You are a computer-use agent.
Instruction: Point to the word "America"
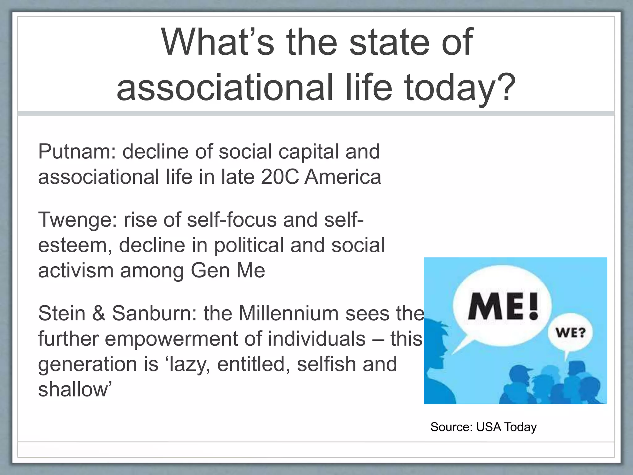tap(343, 177)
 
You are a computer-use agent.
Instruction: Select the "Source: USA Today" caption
tap(483, 427)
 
